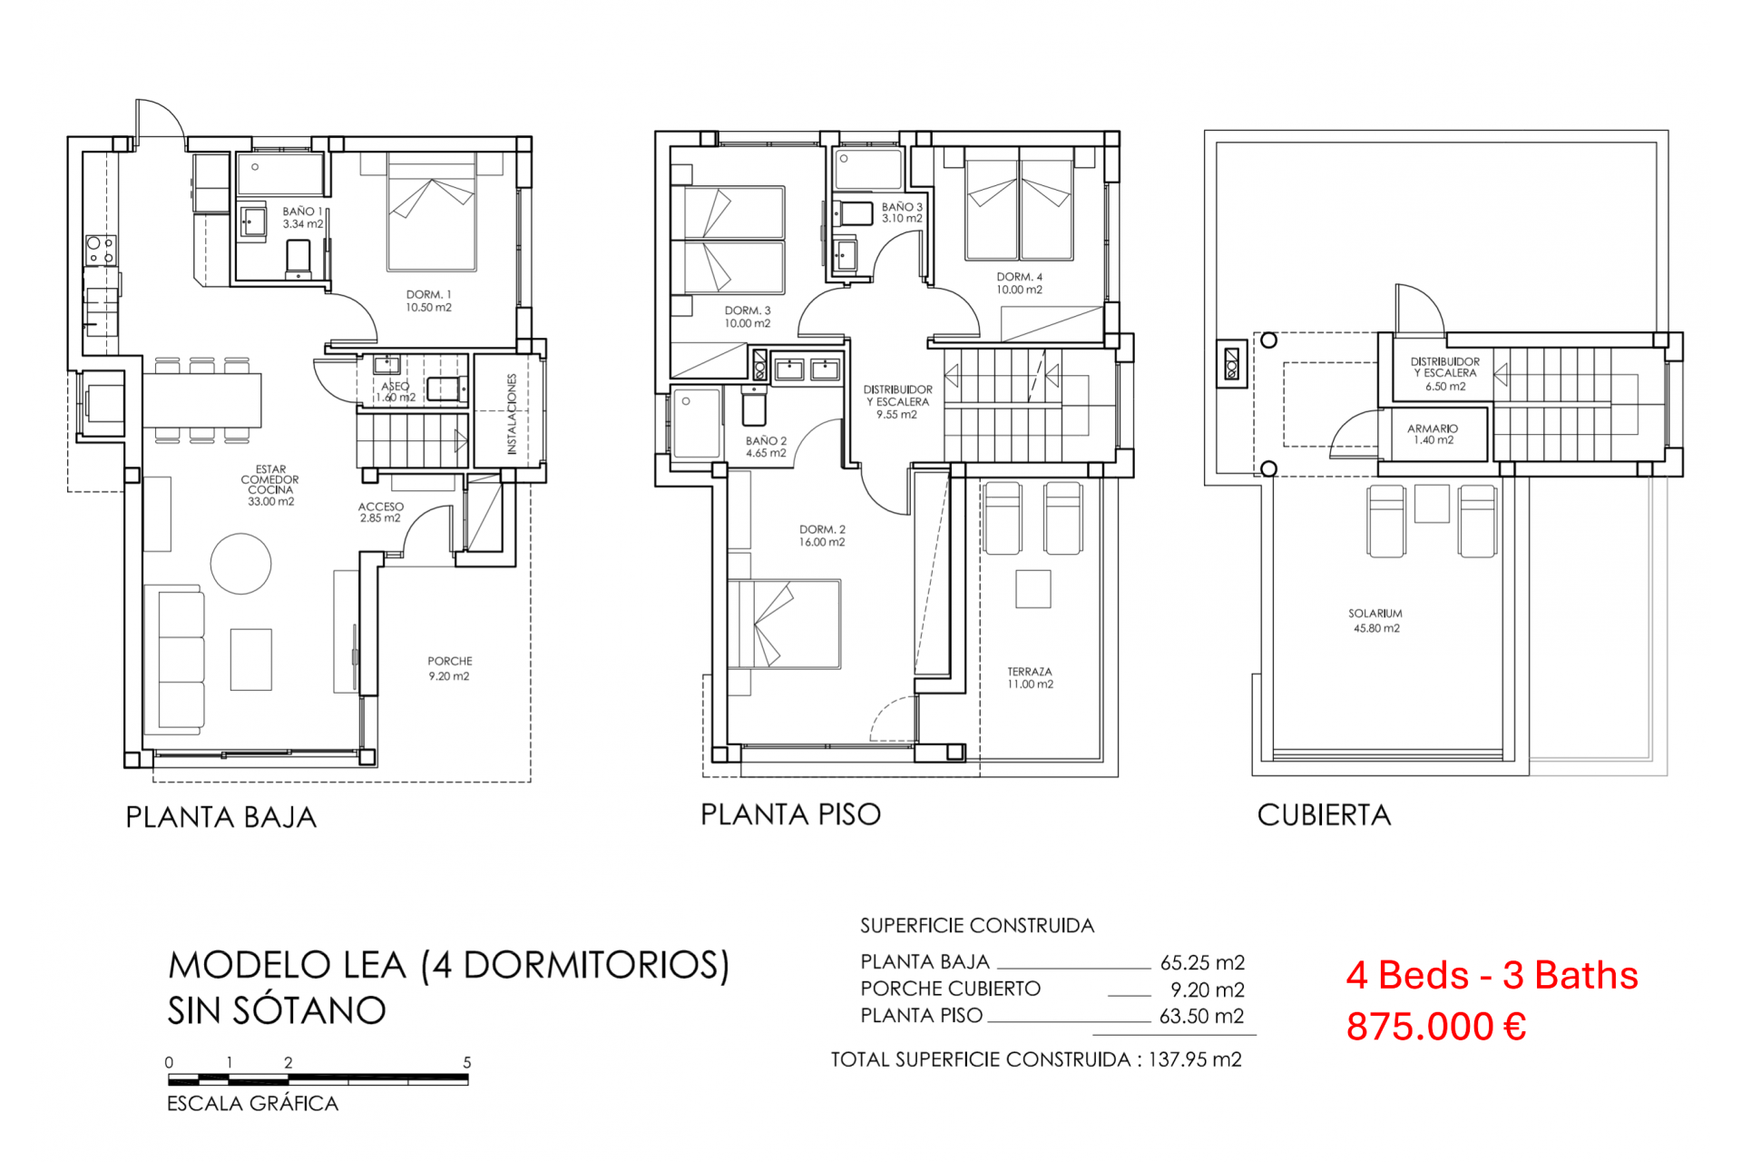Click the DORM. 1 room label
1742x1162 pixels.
point(428,300)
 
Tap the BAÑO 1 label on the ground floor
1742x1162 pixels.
point(302,217)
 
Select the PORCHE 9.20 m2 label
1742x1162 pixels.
point(450,668)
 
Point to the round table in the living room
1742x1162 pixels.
point(240,564)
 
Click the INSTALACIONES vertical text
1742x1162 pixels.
point(512,414)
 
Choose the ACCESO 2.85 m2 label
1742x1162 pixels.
point(381,512)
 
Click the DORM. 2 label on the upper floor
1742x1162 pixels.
point(822,536)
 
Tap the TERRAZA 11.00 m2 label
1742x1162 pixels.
point(1030,677)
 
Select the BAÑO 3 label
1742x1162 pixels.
point(902,212)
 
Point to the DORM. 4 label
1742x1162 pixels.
point(1020,283)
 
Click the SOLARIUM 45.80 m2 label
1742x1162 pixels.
point(1375,621)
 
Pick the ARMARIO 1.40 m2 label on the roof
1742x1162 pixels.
point(1433,434)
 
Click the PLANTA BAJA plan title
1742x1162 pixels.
point(221,817)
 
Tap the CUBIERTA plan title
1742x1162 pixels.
point(1324,815)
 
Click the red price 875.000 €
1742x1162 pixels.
point(1436,1027)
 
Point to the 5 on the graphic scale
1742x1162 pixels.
point(467,1062)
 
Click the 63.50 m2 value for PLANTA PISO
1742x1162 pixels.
point(1201,1016)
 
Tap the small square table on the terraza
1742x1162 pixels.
point(1032,589)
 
